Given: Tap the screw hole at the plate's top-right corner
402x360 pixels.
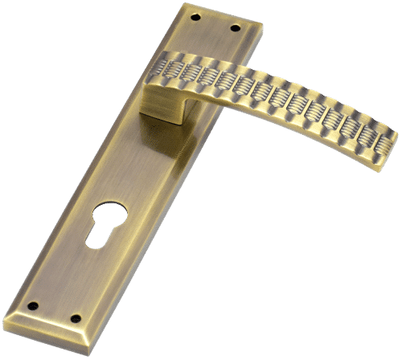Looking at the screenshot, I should click(x=236, y=29).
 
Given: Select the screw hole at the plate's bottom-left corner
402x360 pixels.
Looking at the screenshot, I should click(x=34, y=304).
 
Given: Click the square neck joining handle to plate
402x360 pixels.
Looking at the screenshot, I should click(x=164, y=103).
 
